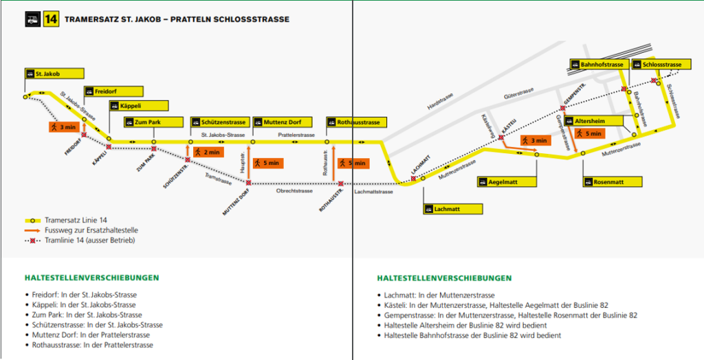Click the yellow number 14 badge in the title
point(50,19)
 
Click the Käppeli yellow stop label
point(137,106)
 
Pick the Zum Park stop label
point(153,122)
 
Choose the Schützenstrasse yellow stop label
point(218,122)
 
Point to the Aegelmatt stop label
point(507,182)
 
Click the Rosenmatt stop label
point(613,182)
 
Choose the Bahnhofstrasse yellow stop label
point(597,65)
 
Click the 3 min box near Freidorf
point(63,127)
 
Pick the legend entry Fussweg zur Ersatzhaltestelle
point(86,231)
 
